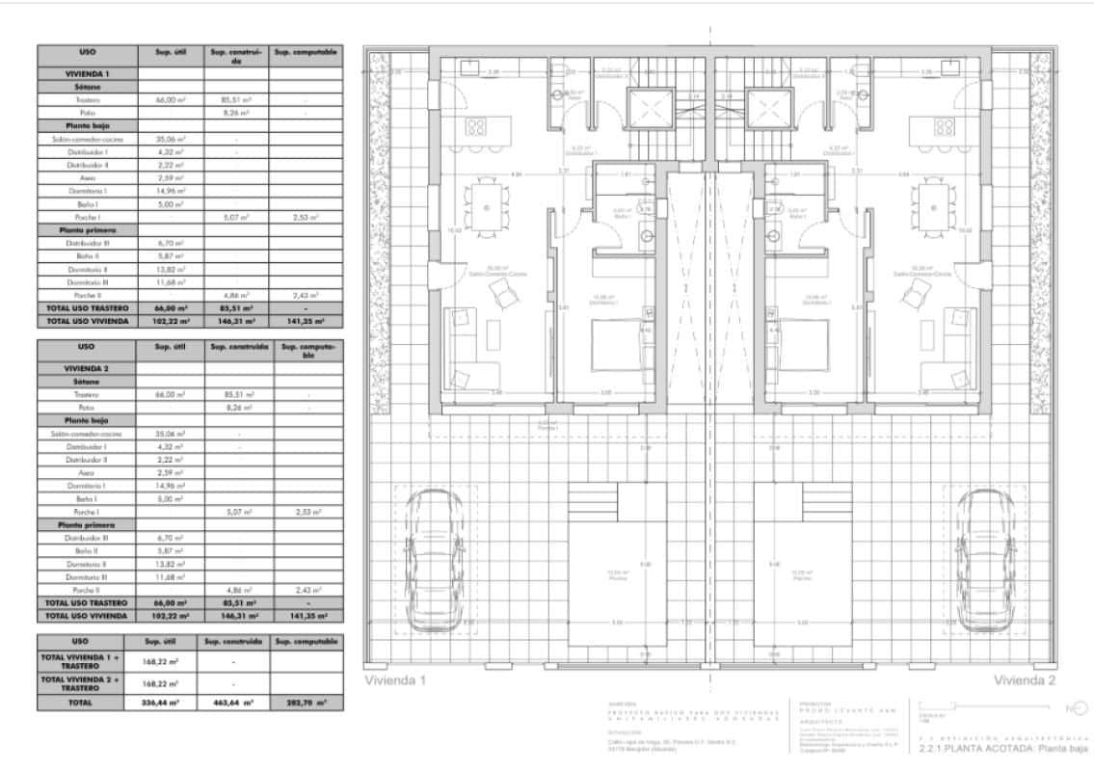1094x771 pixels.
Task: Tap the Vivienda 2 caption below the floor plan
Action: coord(1025,680)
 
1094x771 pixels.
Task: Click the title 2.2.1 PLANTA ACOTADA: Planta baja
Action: coord(1004,748)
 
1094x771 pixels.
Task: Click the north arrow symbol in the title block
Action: coord(1075,709)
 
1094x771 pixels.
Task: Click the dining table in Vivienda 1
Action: coord(482,204)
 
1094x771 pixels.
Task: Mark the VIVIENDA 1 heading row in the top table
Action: coord(87,72)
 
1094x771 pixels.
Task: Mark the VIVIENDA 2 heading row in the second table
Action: coord(87,368)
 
